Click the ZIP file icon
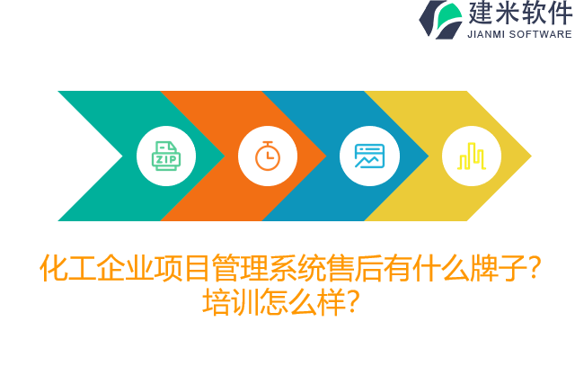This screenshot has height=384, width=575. [165, 156]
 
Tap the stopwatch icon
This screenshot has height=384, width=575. [268, 156]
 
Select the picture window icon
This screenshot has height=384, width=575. [369, 156]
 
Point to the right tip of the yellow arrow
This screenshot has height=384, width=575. [529, 156]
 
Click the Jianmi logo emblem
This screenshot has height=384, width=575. [441, 20]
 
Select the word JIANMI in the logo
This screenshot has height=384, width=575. [486, 34]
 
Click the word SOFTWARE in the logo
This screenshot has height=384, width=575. [540, 34]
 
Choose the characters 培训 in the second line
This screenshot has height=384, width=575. [230, 301]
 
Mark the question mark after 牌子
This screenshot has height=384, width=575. [534, 268]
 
